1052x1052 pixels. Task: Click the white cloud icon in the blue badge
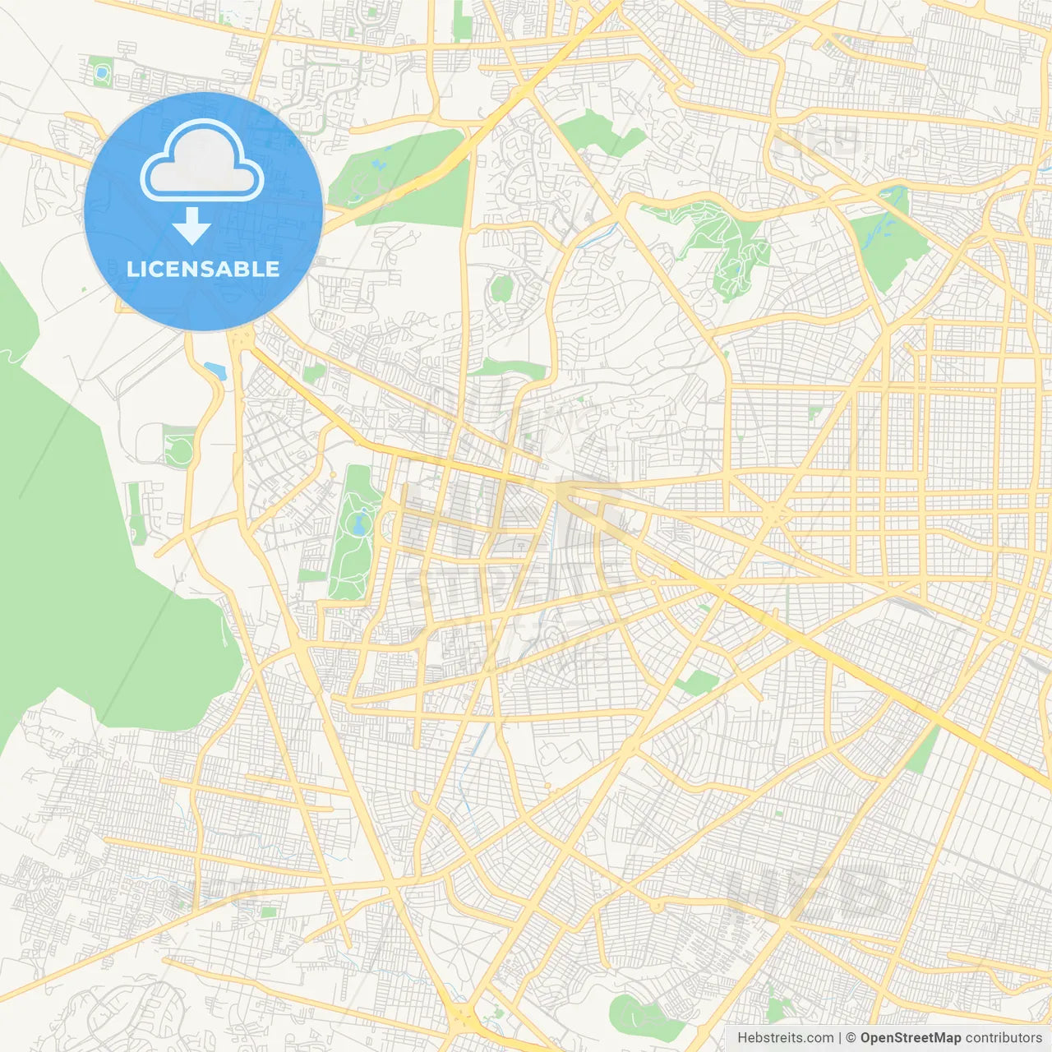(202, 160)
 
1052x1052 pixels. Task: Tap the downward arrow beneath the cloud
(191, 226)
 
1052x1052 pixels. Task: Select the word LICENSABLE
(203, 270)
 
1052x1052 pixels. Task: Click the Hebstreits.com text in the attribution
(785, 1038)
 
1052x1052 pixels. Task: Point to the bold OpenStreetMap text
(910, 1038)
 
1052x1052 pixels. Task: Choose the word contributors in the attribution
(1004, 1038)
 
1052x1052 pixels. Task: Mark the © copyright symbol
(851, 1038)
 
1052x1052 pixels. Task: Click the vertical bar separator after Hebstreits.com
(840, 1038)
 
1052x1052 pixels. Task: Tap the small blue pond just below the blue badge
(215, 370)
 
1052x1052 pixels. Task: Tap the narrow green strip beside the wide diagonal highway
(922, 750)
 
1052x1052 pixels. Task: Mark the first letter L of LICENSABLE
(131, 270)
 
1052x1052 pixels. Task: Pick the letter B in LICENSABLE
(242, 270)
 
